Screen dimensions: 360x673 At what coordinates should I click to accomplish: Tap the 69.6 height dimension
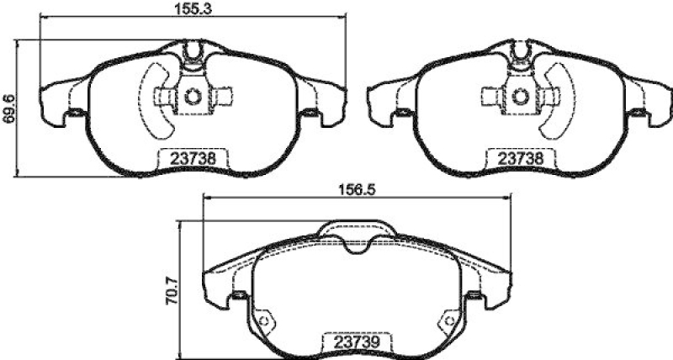point(9,108)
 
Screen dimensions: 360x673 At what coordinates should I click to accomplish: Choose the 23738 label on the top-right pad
point(513,157)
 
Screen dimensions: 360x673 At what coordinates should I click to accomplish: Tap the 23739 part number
point(351,343)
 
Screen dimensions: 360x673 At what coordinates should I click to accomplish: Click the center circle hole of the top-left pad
point(193,96)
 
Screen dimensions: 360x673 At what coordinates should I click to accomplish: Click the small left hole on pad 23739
point(267,322)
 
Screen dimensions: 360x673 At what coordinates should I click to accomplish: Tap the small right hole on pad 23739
point(446,322)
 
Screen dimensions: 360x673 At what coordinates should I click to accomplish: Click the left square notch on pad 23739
point(238,294)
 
